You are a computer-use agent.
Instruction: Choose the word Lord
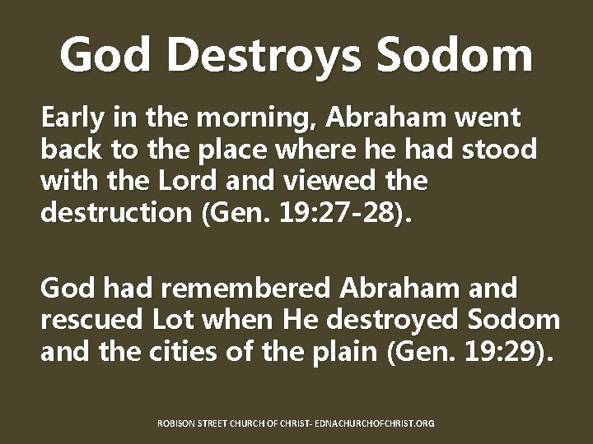(189, 182)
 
